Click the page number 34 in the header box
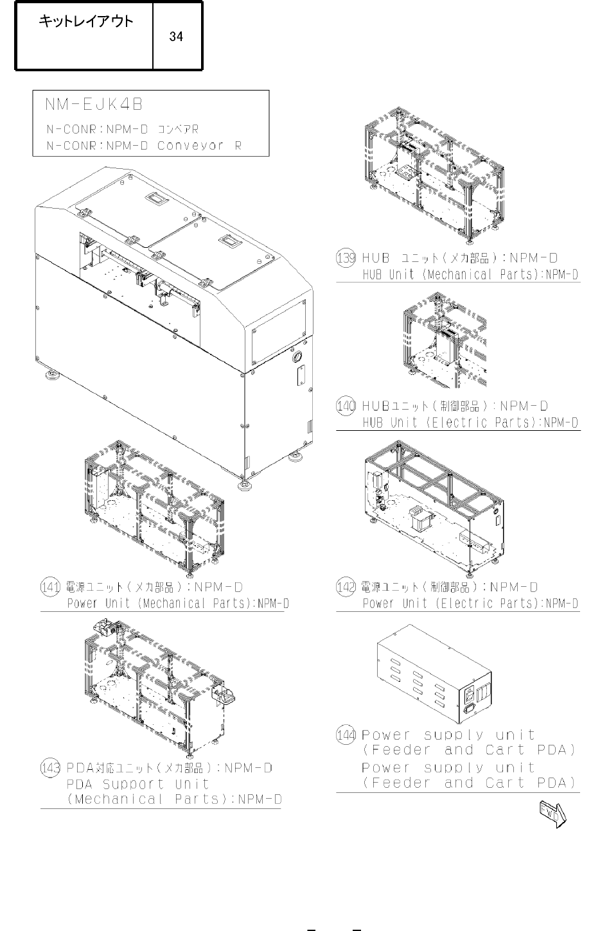pos(176,37)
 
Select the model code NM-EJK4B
pos(94,104)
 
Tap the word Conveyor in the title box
pos(190,146)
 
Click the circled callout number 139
pos(346,257)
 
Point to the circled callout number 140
pos(346,406)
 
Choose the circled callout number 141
pos(50,587)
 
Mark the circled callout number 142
pos(346,587)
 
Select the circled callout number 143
pos(50,768)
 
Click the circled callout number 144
pos(346,735)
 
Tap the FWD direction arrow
pos(553,814)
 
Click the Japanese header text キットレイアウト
pos(85,21)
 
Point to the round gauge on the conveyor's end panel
pos(297,356)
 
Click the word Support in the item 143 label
pos(133,784)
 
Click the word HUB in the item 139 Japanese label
pos(376,258)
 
